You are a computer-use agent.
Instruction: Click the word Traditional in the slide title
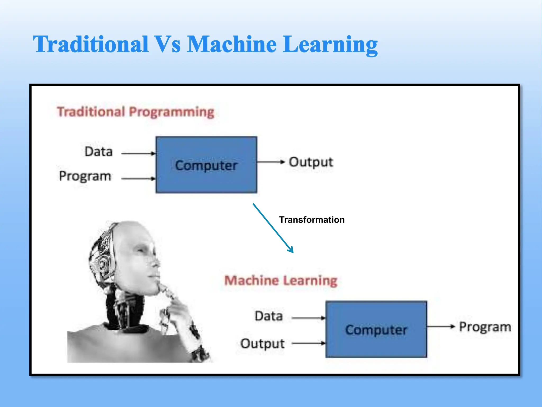click(91, 44)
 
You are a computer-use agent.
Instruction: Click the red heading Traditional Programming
click(135, 112)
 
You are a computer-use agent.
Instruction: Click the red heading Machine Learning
click(281, 280)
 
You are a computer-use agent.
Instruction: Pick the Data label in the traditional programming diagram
click(98, 152)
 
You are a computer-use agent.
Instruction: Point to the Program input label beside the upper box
click(85, 176)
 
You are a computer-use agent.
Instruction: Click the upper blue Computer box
click(206, 165)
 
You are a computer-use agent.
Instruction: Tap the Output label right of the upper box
click(311, 162)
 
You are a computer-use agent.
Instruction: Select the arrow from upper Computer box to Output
click(270, 162)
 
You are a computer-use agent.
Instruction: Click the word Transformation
click(312, 220)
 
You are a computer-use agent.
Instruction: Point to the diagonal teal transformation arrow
click(273, 228)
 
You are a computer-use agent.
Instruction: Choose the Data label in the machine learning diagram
click(269, 316)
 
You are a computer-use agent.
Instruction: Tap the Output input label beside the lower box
click(262, 344)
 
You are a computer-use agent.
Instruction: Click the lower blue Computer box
click(376, 329)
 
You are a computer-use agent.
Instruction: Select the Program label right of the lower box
click(485, 327)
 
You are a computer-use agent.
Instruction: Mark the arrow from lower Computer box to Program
click(441, 327)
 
